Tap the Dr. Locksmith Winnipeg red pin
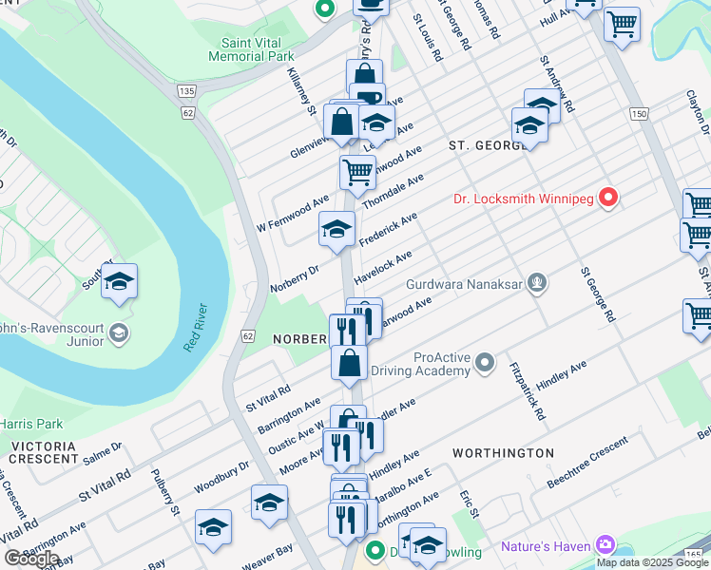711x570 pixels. coord(608,199)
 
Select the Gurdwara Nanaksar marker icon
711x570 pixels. coord(538,282)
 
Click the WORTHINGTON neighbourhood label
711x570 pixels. coord(503,453)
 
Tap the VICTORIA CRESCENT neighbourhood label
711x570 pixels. coord(45,451)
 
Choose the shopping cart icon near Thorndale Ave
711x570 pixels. coord(357,173)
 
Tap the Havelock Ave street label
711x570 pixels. coord(383,269)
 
